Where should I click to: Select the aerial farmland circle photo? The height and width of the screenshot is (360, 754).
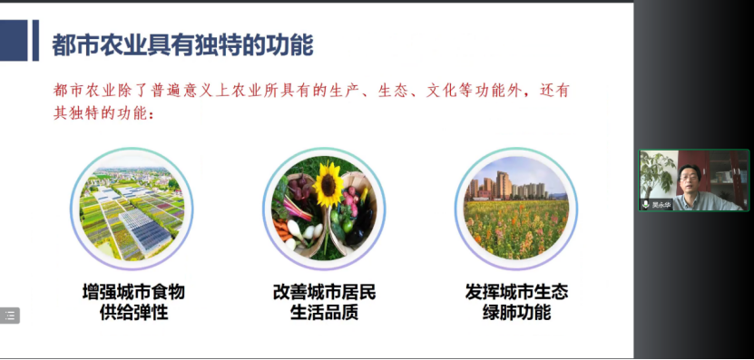coord(132,209)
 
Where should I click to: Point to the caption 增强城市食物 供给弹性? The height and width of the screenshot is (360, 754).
coord(133,303)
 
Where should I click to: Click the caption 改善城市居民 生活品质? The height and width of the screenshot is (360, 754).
coord(324,303)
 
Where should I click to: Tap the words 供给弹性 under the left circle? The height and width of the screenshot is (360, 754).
coord(133,314)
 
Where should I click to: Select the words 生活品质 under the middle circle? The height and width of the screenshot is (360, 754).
coord(324,314)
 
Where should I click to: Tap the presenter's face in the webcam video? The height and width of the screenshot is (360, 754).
coord(689,179)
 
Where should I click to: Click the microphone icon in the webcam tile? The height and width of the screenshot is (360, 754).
coord(646,205)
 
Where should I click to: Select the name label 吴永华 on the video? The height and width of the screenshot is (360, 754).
coord(661,205)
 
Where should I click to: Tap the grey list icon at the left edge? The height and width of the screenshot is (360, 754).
coord(9,316)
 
